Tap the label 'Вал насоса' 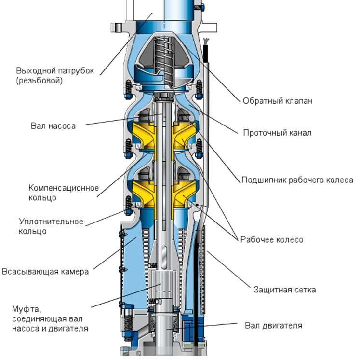[x=53, y=126]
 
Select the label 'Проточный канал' [x=277, y=133]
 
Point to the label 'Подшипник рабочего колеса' [x=297, y=180]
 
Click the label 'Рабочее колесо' [x=272, y=239]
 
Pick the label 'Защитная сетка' [x=284, y=290]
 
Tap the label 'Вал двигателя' [x=273, y=325]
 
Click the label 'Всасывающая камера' [x=45, y=271]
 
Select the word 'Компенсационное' [x=64, y=188]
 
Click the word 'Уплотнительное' [x=51, y=222]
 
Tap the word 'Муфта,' [x=23, y=308]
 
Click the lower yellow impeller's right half [x=186, y=193]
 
